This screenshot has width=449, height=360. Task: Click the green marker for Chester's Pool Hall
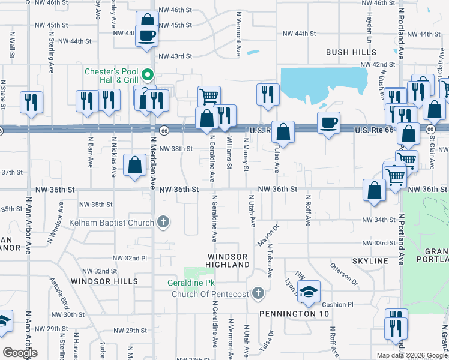(150, 76)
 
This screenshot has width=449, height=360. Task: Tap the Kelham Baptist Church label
(115, 223)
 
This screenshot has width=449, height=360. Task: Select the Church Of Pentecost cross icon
(258, 293)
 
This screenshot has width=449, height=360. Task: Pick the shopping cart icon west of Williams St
(209, 96)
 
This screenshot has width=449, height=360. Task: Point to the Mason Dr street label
(263, 235)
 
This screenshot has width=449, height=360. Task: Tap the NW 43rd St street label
(175, 56)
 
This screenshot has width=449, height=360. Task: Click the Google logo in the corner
(20, 353)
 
